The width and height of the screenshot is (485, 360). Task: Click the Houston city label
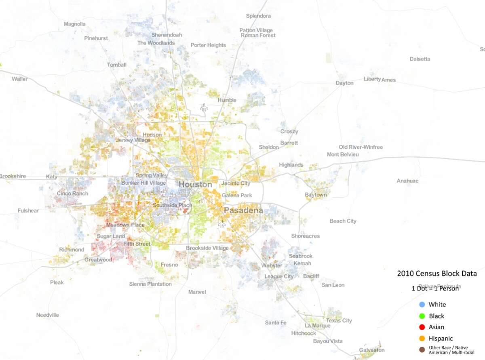click(195, 185)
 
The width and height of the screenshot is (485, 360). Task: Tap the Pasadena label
click(243, 211)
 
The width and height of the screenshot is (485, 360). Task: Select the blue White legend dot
click(422, 304)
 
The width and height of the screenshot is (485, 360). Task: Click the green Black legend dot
click(422, 316)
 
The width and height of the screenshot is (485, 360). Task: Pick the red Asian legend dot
click(422, 327)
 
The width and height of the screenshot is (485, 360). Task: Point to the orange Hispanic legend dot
click(422, 339)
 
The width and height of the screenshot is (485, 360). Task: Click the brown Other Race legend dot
click(422, 349)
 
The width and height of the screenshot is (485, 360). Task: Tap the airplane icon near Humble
click(205, 108)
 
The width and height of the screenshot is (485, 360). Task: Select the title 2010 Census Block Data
click(436, 274)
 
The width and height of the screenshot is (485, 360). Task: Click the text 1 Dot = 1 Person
click(435, 288)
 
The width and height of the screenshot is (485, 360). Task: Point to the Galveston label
click(372, 350)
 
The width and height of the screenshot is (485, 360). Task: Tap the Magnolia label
click(75, 24)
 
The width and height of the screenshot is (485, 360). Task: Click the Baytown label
click(316, 195)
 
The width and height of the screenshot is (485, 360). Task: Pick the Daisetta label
click(420, 59)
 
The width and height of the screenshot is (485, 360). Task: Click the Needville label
click(48, 315)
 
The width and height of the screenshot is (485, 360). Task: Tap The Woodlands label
click(156, 43)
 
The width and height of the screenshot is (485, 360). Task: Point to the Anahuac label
click(407, 181)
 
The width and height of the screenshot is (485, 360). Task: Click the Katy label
click(52, 177)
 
